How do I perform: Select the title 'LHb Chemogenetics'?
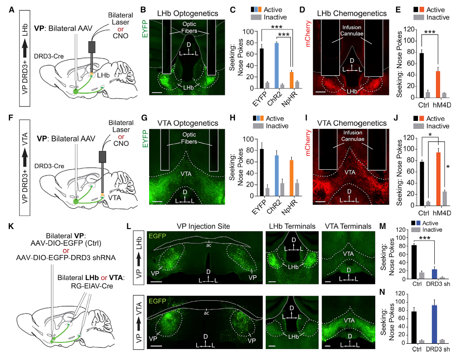[x=352, y=14]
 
